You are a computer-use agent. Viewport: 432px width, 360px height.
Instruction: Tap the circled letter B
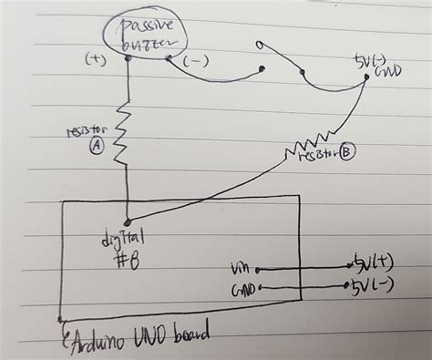(346, 153)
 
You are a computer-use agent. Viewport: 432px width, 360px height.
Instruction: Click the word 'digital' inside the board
(124, 239)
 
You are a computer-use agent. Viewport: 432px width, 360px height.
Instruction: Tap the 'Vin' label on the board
(240, 270)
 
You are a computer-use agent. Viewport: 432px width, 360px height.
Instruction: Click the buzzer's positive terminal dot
(129, 59)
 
